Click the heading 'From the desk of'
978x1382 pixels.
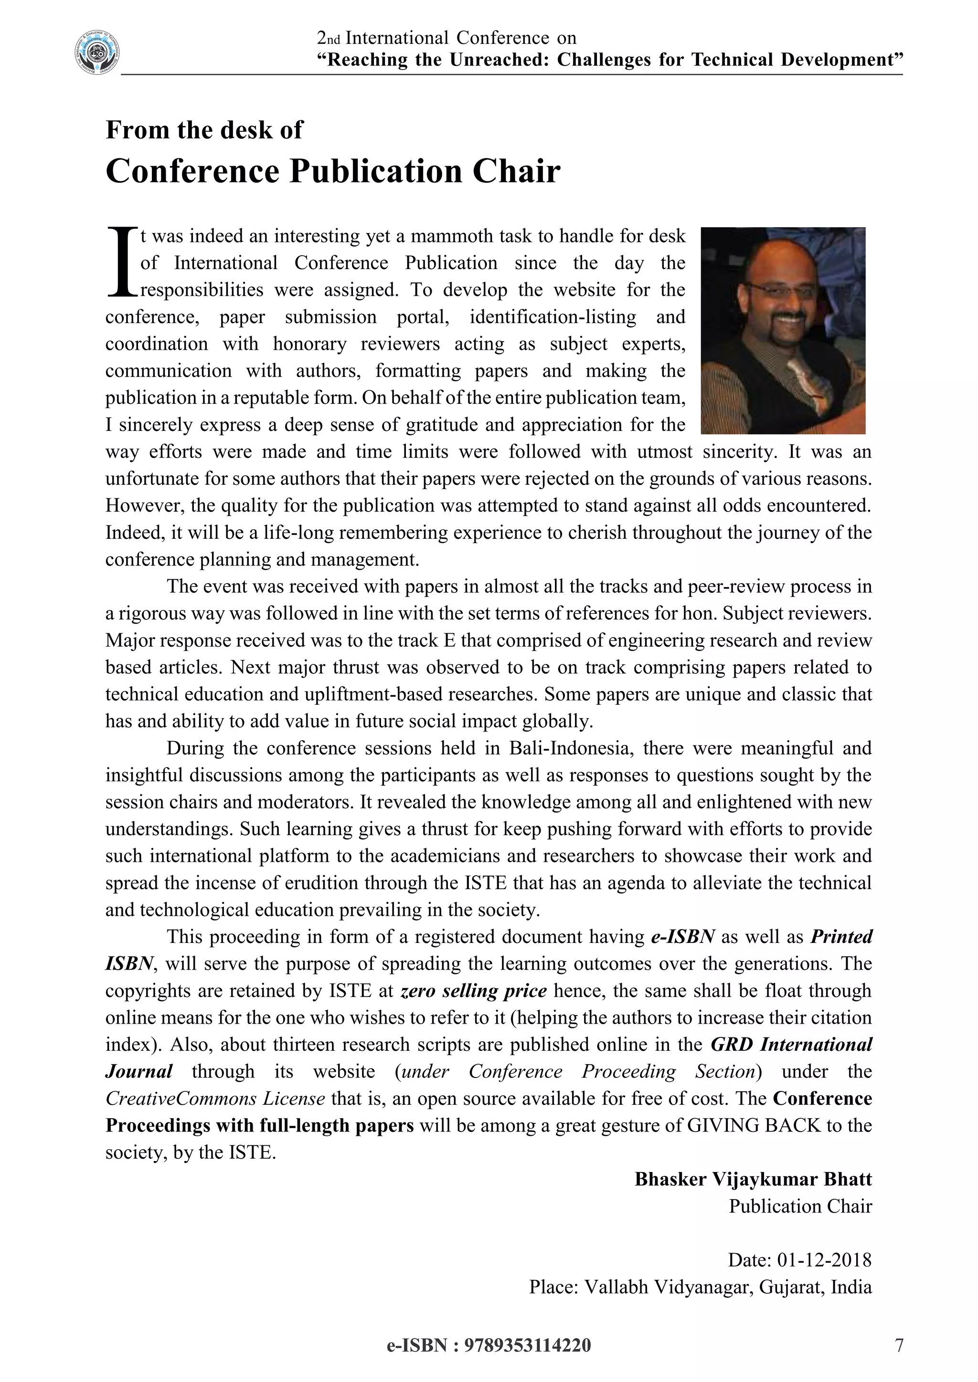(x=204, y=130)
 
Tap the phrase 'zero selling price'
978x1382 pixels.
(x=473, y=991)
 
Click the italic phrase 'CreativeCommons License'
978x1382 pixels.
(x=215, y=1099)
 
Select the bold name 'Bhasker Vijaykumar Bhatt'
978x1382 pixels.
(x=753, y=1179)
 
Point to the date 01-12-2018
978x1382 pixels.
(x=824, y=1260)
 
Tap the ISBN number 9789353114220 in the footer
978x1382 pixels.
(x=527, y=1345)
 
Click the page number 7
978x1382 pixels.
(x=899, y=1345)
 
